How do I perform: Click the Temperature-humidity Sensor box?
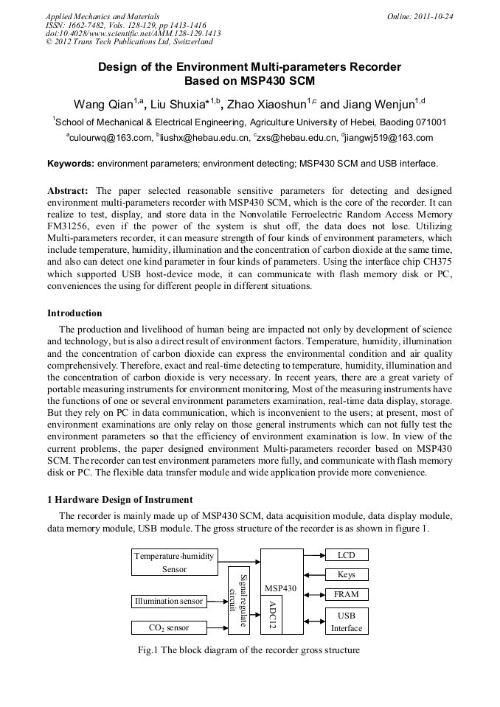pos(175,562)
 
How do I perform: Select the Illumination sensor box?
pos(169,601)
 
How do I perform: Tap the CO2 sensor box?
pos(169,627)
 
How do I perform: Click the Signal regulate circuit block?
pos(239,600)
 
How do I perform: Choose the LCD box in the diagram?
pos(346,554)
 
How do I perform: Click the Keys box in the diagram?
pos(346,574)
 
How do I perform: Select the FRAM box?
pos(346,594)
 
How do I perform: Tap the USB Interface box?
pos(346,621)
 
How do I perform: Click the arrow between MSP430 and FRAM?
pos(314,594)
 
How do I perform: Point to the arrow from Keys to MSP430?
pos(314,574)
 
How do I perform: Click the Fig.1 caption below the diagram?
pos(249,650)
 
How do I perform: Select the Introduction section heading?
pos(74,313)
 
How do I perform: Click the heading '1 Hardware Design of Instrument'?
pos(119,500)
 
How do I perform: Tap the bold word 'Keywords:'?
pos(71,164)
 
